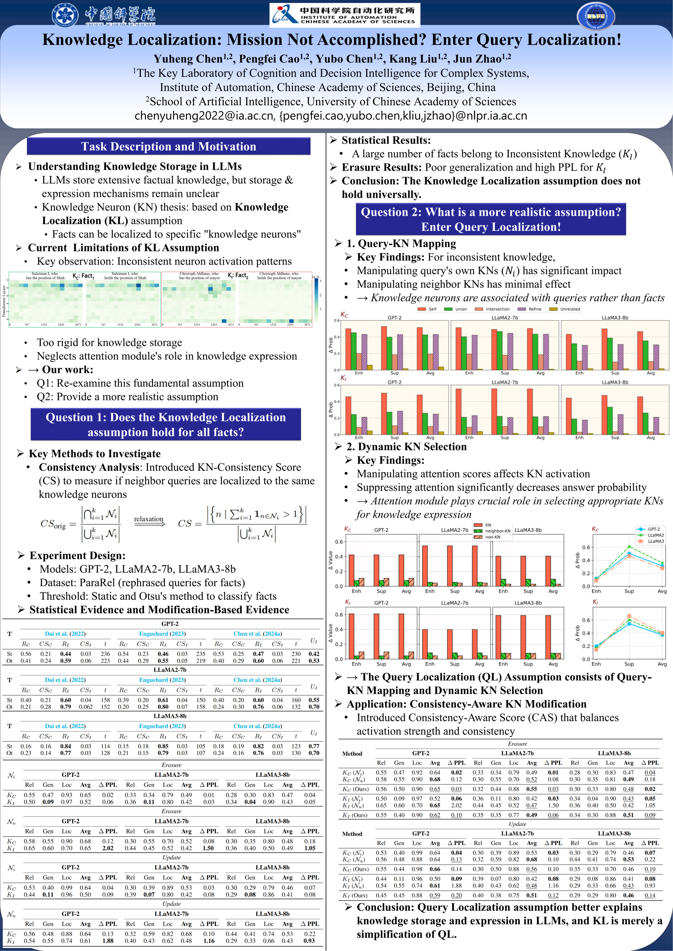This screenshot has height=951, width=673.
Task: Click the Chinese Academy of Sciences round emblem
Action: [x=65, y=15]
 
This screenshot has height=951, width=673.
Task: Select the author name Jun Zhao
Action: [x=482, y=59]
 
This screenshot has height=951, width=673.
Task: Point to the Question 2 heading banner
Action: [x=491, y=219]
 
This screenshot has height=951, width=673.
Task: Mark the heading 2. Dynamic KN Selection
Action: [x=406, y=446]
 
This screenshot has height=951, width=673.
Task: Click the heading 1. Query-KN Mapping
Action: [x=401, y=244]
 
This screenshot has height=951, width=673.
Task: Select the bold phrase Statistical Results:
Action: [x=386, y=140]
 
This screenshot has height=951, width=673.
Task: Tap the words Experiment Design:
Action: [x=77, y=555]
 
